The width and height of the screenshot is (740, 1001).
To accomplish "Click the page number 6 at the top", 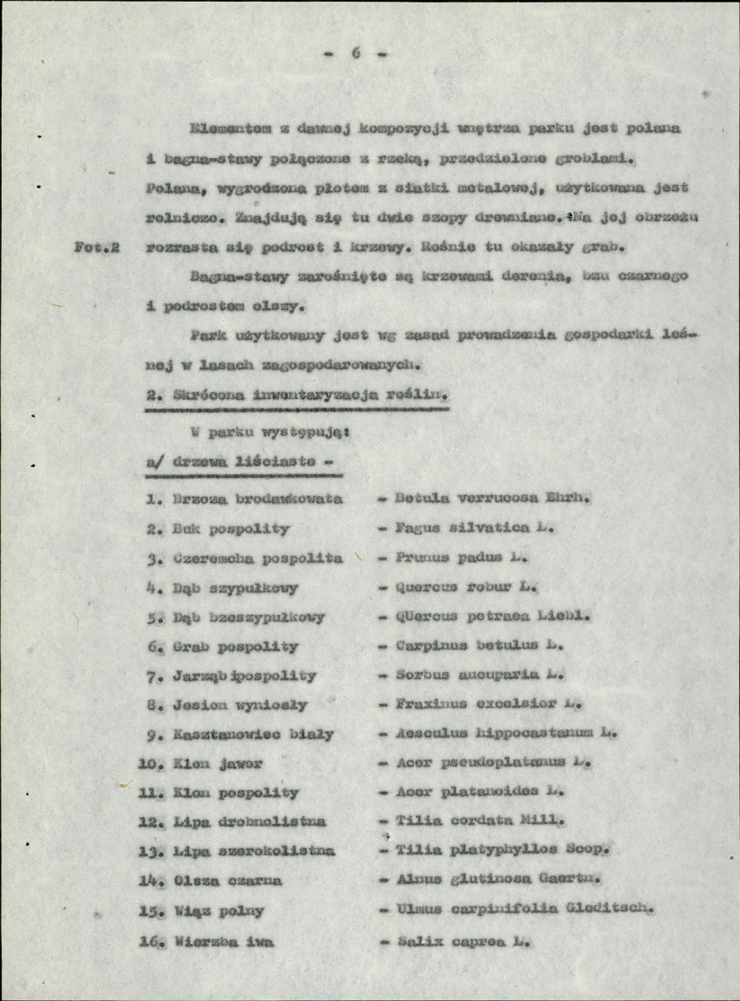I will [x=355, y=53].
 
